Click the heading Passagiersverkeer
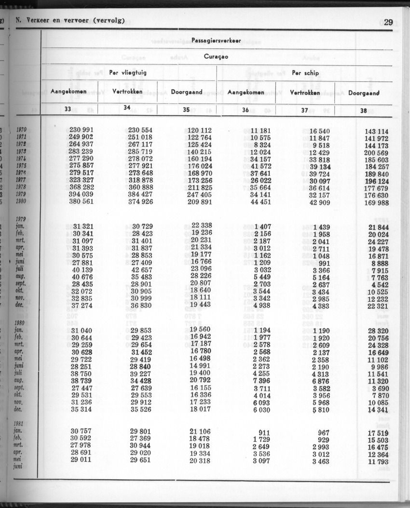click(216, 40)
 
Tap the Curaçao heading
click(216, 57)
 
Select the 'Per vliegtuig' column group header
click(128, 73)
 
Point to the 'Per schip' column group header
click(305, 73)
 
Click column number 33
click(68, 109)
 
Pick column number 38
click(363, 110)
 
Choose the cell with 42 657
click(140, 269)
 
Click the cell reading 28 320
click(378, 331)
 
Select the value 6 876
click(320, 381)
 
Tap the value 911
click(263, 432)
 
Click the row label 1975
click(21, 166)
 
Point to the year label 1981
click(21, 424)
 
